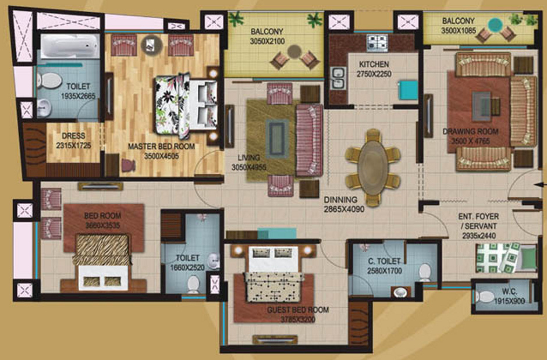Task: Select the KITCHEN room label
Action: (x=374, y=64)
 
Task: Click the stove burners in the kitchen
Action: (x=377, y=41)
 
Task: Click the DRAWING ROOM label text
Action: (x=467, y=131)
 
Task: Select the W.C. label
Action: (x=510, y=293)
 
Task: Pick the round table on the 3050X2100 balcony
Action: (x=294, y=51)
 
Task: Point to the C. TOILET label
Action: (x=385, y=261)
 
